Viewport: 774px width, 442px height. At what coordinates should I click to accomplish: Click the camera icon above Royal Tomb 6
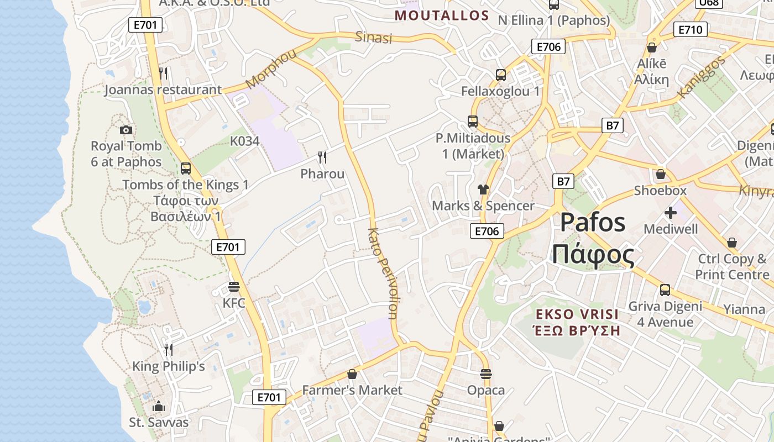click(x=126, y=130)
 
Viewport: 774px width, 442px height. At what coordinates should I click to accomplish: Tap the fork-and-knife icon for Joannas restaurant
click(x=163, y=73)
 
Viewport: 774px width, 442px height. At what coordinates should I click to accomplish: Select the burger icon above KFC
click(x=233, y=287)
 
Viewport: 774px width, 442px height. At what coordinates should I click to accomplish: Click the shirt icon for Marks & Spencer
click(x=483, y=190)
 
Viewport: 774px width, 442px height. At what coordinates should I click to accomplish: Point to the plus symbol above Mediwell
click(x=671, y=212)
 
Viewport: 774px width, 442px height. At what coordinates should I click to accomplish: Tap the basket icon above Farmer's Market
click(x=352, y=374)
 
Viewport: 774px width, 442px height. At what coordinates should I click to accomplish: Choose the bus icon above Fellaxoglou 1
click(x=501, y=75)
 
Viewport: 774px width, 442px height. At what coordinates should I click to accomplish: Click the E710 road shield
click(x=691, y=29)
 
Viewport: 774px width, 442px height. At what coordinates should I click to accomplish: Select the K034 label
click(x=245, y=141)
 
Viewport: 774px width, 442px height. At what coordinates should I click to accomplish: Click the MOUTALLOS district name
click(x=442, y=15)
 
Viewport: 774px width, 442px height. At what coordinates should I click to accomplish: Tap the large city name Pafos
click(x=593, y=222)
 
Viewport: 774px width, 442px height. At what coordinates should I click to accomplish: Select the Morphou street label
click(x=271, y=69)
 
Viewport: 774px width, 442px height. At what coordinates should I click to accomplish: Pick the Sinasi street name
click(x=374, y=38)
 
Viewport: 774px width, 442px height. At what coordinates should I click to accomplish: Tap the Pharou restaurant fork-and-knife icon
click(x=322, y=157)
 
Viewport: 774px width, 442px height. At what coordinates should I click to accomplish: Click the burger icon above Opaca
click(x=486, y=374)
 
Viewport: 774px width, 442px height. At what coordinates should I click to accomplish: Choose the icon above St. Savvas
click(x=159, y=406)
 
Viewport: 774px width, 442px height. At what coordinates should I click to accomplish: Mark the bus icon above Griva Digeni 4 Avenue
click(x=665, y=290)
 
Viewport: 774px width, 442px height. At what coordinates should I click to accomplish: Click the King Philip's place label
click(x=169, y=366)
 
